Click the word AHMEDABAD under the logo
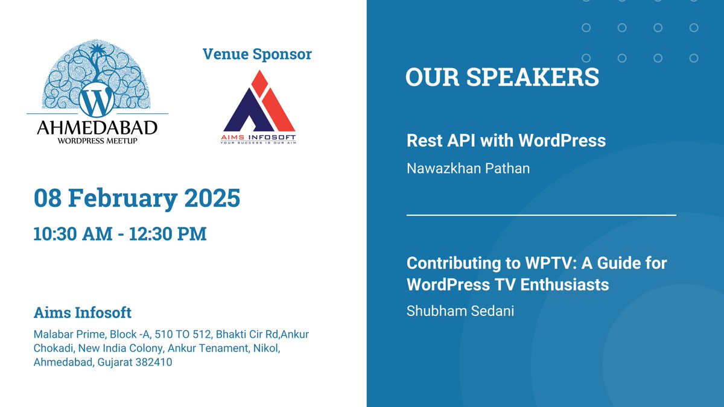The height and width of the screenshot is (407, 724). point(97,128)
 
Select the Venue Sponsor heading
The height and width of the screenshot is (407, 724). point(257,54)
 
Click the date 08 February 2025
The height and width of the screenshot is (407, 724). point(137,198)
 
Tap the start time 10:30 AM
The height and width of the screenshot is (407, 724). point(73,233)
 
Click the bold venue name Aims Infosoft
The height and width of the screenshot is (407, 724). point(83,313)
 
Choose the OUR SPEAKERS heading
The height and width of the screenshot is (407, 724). point(502,77)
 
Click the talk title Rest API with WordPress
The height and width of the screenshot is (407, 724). point(506,140)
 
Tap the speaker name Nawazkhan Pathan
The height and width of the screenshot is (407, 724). point(468,168)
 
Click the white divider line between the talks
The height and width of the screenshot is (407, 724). point(541,215)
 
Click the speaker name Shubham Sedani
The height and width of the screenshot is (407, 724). point(460,312)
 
